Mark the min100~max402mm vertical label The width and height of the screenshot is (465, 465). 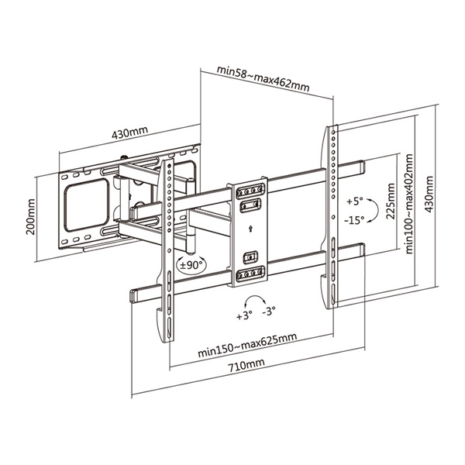[408, 204]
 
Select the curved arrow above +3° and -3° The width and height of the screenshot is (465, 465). [254, 301]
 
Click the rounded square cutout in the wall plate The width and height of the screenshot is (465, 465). [87, 201]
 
